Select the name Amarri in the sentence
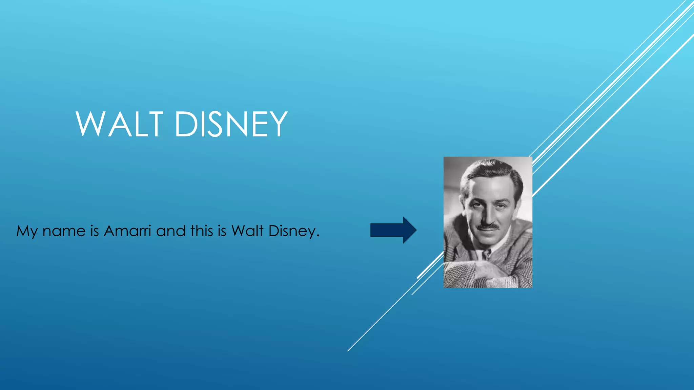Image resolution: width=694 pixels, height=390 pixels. tap(127, 231)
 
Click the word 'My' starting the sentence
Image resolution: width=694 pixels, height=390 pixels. tap(27, 232)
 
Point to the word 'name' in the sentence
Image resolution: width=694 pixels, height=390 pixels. tap(64, 232)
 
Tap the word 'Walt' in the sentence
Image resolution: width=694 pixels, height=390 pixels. tap(247, 231)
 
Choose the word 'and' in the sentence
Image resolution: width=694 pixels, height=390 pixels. tap(171, 231)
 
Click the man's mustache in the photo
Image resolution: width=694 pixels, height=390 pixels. tap(488, 226)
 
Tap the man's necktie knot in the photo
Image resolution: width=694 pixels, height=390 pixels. tap(487, 252)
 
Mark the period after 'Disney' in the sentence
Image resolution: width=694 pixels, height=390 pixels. tap(318, 236)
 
